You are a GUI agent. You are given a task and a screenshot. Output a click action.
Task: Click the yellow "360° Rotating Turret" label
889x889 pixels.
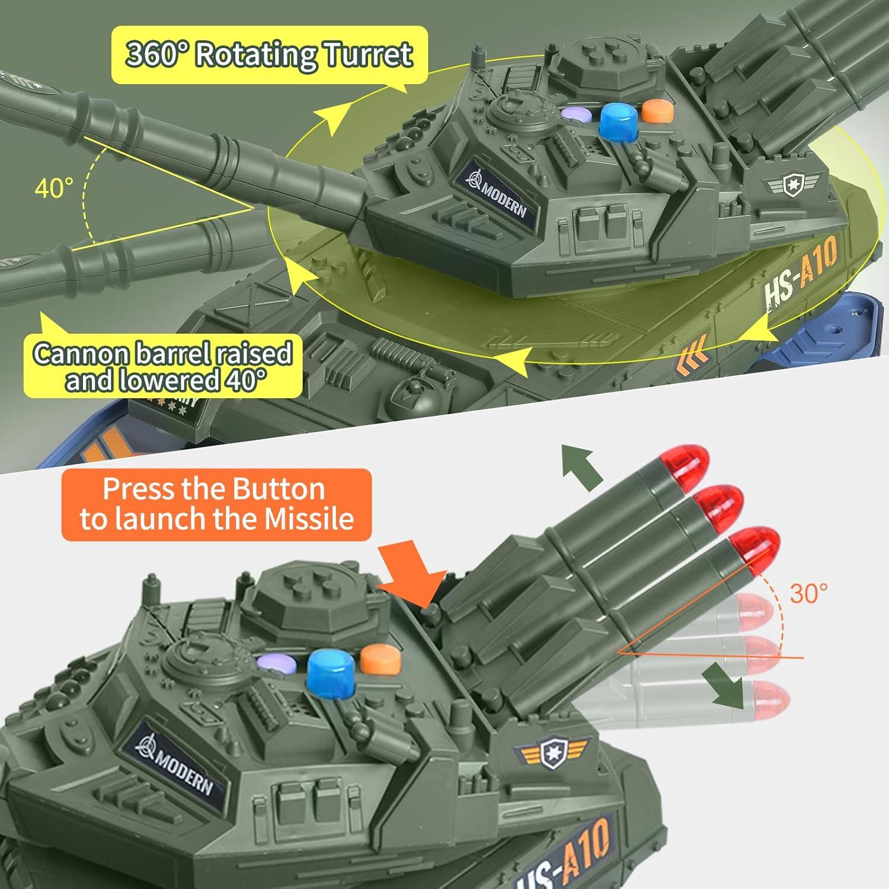[269, 55]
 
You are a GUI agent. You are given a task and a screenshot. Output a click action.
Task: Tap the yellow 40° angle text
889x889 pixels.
[54, 188]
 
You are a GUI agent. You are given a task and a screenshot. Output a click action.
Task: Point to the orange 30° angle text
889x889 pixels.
[808, 593]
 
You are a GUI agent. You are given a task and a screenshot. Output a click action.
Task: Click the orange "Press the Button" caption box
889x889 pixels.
[216, 504]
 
